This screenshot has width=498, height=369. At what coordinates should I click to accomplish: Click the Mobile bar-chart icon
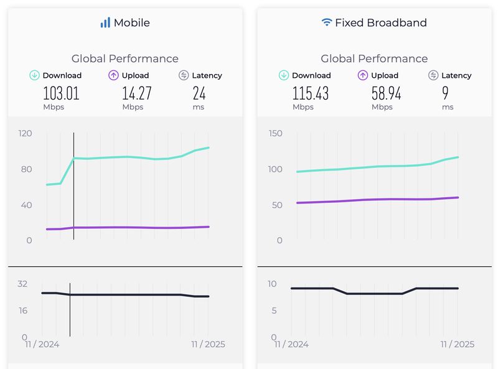pyautogui.click(x=105, y=22)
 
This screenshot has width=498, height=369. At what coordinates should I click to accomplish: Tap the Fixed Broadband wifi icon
pyautogui.click(x=326, y=22)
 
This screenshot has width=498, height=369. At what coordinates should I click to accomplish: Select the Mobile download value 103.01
pyautogui.click(x=61, y=93)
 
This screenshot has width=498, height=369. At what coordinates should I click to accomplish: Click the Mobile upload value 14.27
pyautogui.click(x=136, y=93)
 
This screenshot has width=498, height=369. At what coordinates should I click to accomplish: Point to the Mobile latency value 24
pyautogui.click(x=199, y=93)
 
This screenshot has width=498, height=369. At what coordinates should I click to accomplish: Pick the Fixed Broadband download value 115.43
pyautogui.click(x=311, y=93)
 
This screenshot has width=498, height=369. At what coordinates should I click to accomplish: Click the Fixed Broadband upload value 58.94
pyautogui.click(x=386, y=93)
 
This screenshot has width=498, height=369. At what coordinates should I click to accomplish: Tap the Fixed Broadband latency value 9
pyautogui.click(x=445, y=93)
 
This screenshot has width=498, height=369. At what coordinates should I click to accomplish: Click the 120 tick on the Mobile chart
pyautogui.click(x=25, y=133)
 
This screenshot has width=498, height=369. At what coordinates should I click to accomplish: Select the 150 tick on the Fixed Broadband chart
pyautogui.click(x=275, y=133)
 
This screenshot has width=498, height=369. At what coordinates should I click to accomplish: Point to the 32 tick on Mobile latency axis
pyautogui.click(x=22, y=284)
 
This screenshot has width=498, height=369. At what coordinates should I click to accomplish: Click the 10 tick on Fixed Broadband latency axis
pyautogui.click(x=271, y=284)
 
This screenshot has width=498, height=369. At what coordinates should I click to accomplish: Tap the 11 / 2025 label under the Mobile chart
pyautogui.click(x=209, y=344)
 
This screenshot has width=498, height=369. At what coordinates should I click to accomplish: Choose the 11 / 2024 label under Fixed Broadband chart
pyautogui.click(x=291, y=344)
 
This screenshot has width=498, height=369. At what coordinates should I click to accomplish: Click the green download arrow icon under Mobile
pyautogui.click(x=34, y=75)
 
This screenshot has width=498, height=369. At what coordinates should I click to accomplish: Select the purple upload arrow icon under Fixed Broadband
pyautogui.click(x=363, y=75)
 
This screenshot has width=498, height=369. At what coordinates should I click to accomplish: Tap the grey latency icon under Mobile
pyautogui.click(x=184, y=75)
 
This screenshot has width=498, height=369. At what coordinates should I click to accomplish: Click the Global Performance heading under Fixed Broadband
pyautogui.click(x=374, y=58)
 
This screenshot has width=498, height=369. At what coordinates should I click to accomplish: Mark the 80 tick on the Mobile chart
pyautogui.click(x=26, y=169)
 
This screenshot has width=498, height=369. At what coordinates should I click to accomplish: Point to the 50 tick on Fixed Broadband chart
pyautogui.click(x=275, y=205)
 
